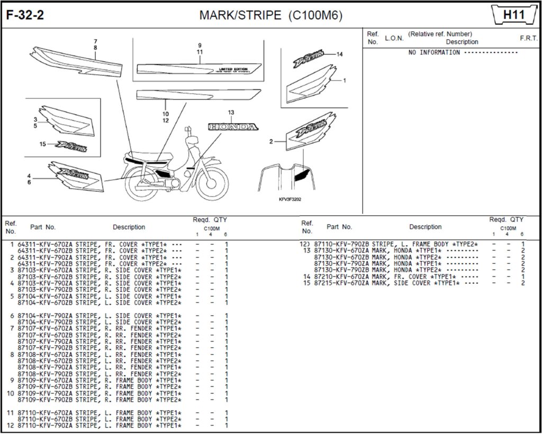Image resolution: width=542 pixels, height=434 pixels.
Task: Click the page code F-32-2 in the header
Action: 25,15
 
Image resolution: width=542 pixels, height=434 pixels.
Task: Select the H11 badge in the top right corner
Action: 513,15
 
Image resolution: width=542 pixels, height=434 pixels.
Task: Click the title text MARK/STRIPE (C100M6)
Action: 270,15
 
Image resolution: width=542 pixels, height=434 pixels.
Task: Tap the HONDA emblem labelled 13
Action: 233,127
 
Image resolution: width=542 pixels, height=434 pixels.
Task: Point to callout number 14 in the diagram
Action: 339,54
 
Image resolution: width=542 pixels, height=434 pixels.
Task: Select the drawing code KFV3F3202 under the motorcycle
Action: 290,199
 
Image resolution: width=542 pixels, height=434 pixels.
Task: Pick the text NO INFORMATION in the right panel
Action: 434,53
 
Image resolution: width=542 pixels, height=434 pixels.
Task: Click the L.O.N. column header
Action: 394,38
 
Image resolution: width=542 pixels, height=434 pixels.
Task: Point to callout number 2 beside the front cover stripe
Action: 271,142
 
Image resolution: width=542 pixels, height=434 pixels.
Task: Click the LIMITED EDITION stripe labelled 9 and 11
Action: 198,69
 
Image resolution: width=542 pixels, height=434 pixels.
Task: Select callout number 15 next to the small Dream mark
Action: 43,144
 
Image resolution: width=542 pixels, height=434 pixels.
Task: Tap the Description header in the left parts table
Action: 129,227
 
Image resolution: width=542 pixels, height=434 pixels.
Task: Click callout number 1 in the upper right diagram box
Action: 345,81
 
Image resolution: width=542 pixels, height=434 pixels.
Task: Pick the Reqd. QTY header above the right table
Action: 506,219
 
